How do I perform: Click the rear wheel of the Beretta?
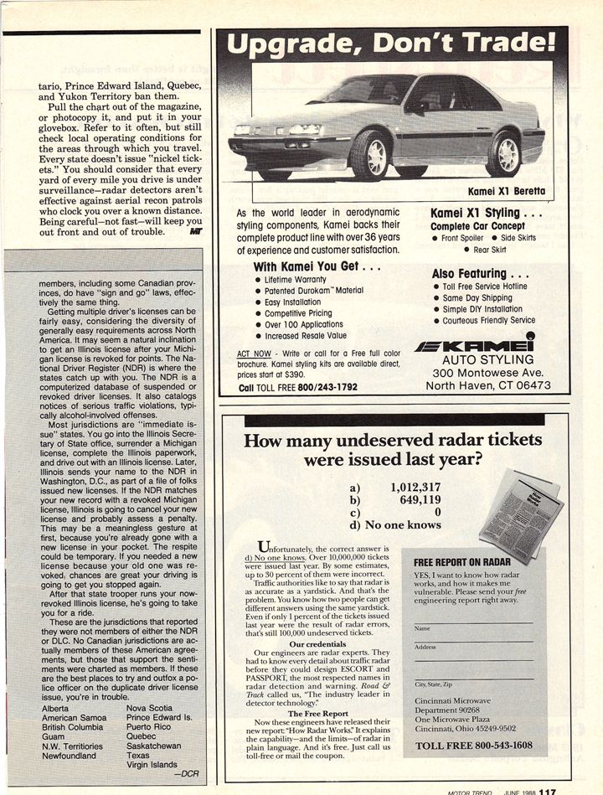click(504, 154)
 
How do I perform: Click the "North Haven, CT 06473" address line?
click(488, 386)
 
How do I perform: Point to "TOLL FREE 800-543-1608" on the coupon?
click(474, 746)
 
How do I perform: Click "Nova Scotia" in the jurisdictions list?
click(148, 708)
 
